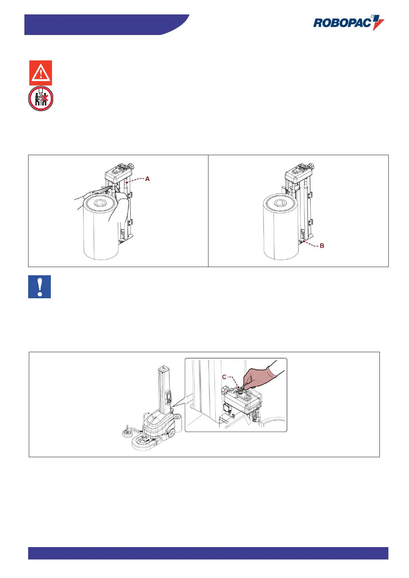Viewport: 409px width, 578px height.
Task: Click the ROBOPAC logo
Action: click(x=349, y=23)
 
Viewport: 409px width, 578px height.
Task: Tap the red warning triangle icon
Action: click(x=41, y=73)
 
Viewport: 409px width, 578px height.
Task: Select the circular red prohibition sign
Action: click(x=41, y=99)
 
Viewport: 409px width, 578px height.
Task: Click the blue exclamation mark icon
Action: click(x=39, y=287)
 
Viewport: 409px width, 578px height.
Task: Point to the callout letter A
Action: click(x=147, y=178)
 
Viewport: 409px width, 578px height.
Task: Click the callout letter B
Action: click(x=322, y=246)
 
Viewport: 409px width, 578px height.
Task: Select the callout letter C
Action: click(x=224, y=377)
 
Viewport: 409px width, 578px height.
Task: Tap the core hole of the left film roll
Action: click(x=100, y=203)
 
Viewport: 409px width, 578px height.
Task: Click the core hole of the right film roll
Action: click(x=280, y=203)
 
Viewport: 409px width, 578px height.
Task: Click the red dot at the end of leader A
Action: click(x=127, y=182)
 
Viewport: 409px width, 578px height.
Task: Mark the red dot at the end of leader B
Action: click(x=304, y=241)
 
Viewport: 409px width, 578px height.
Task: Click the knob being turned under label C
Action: click(x=240, y=390)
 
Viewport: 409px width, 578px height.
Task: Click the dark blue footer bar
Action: click(x=208, y=553)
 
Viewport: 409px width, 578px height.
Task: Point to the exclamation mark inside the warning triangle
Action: click(x=41, y=73)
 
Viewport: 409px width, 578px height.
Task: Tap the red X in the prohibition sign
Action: click(x=45, y=98)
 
